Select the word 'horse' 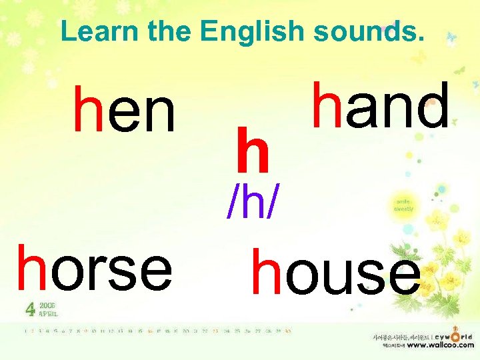(x=95, y=268)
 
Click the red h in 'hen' (x=86, y=109)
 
